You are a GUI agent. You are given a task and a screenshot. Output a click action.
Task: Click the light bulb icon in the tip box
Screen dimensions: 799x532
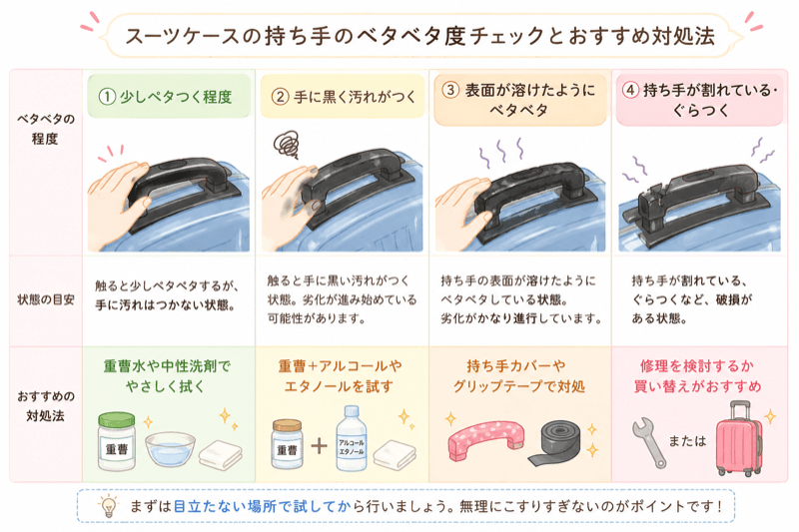pos(108,506)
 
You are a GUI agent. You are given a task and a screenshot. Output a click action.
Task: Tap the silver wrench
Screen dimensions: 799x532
pos(648,442)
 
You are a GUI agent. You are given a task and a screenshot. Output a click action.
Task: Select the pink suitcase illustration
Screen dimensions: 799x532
pos(739,438)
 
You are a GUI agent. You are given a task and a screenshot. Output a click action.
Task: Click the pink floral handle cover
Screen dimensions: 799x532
pos(486,439)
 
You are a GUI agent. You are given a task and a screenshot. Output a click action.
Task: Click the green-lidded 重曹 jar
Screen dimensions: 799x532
pos(117,441)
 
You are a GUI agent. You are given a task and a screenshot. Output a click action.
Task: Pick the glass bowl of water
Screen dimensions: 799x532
pos(170,448)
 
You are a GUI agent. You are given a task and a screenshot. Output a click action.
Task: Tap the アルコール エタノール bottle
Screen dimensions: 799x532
pos(352,438)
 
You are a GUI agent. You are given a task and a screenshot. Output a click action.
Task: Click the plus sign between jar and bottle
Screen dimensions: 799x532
pos(319,446)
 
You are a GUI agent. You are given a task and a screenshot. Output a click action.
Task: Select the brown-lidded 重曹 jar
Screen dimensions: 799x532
pos(287,443)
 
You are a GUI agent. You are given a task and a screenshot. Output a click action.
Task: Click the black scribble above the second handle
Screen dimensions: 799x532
pos(287,144)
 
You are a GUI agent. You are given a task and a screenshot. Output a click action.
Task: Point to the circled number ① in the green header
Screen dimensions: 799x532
pos(107,97)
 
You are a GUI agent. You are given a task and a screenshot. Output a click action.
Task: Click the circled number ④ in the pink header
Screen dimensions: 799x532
pos(631,90)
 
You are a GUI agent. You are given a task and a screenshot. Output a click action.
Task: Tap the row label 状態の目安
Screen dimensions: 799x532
pos(46,299)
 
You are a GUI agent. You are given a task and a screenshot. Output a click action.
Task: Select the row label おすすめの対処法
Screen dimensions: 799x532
pos(46,406)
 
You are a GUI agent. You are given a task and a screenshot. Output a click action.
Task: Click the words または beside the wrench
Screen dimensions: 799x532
pos(687,441)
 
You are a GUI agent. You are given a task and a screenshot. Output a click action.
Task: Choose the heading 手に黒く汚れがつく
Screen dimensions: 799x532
pos(355,97)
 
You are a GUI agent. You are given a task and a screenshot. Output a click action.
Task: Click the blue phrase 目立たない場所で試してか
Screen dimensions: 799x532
pos(263,506)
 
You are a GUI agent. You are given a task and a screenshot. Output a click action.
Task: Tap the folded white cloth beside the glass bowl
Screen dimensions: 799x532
pos(221,454)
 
